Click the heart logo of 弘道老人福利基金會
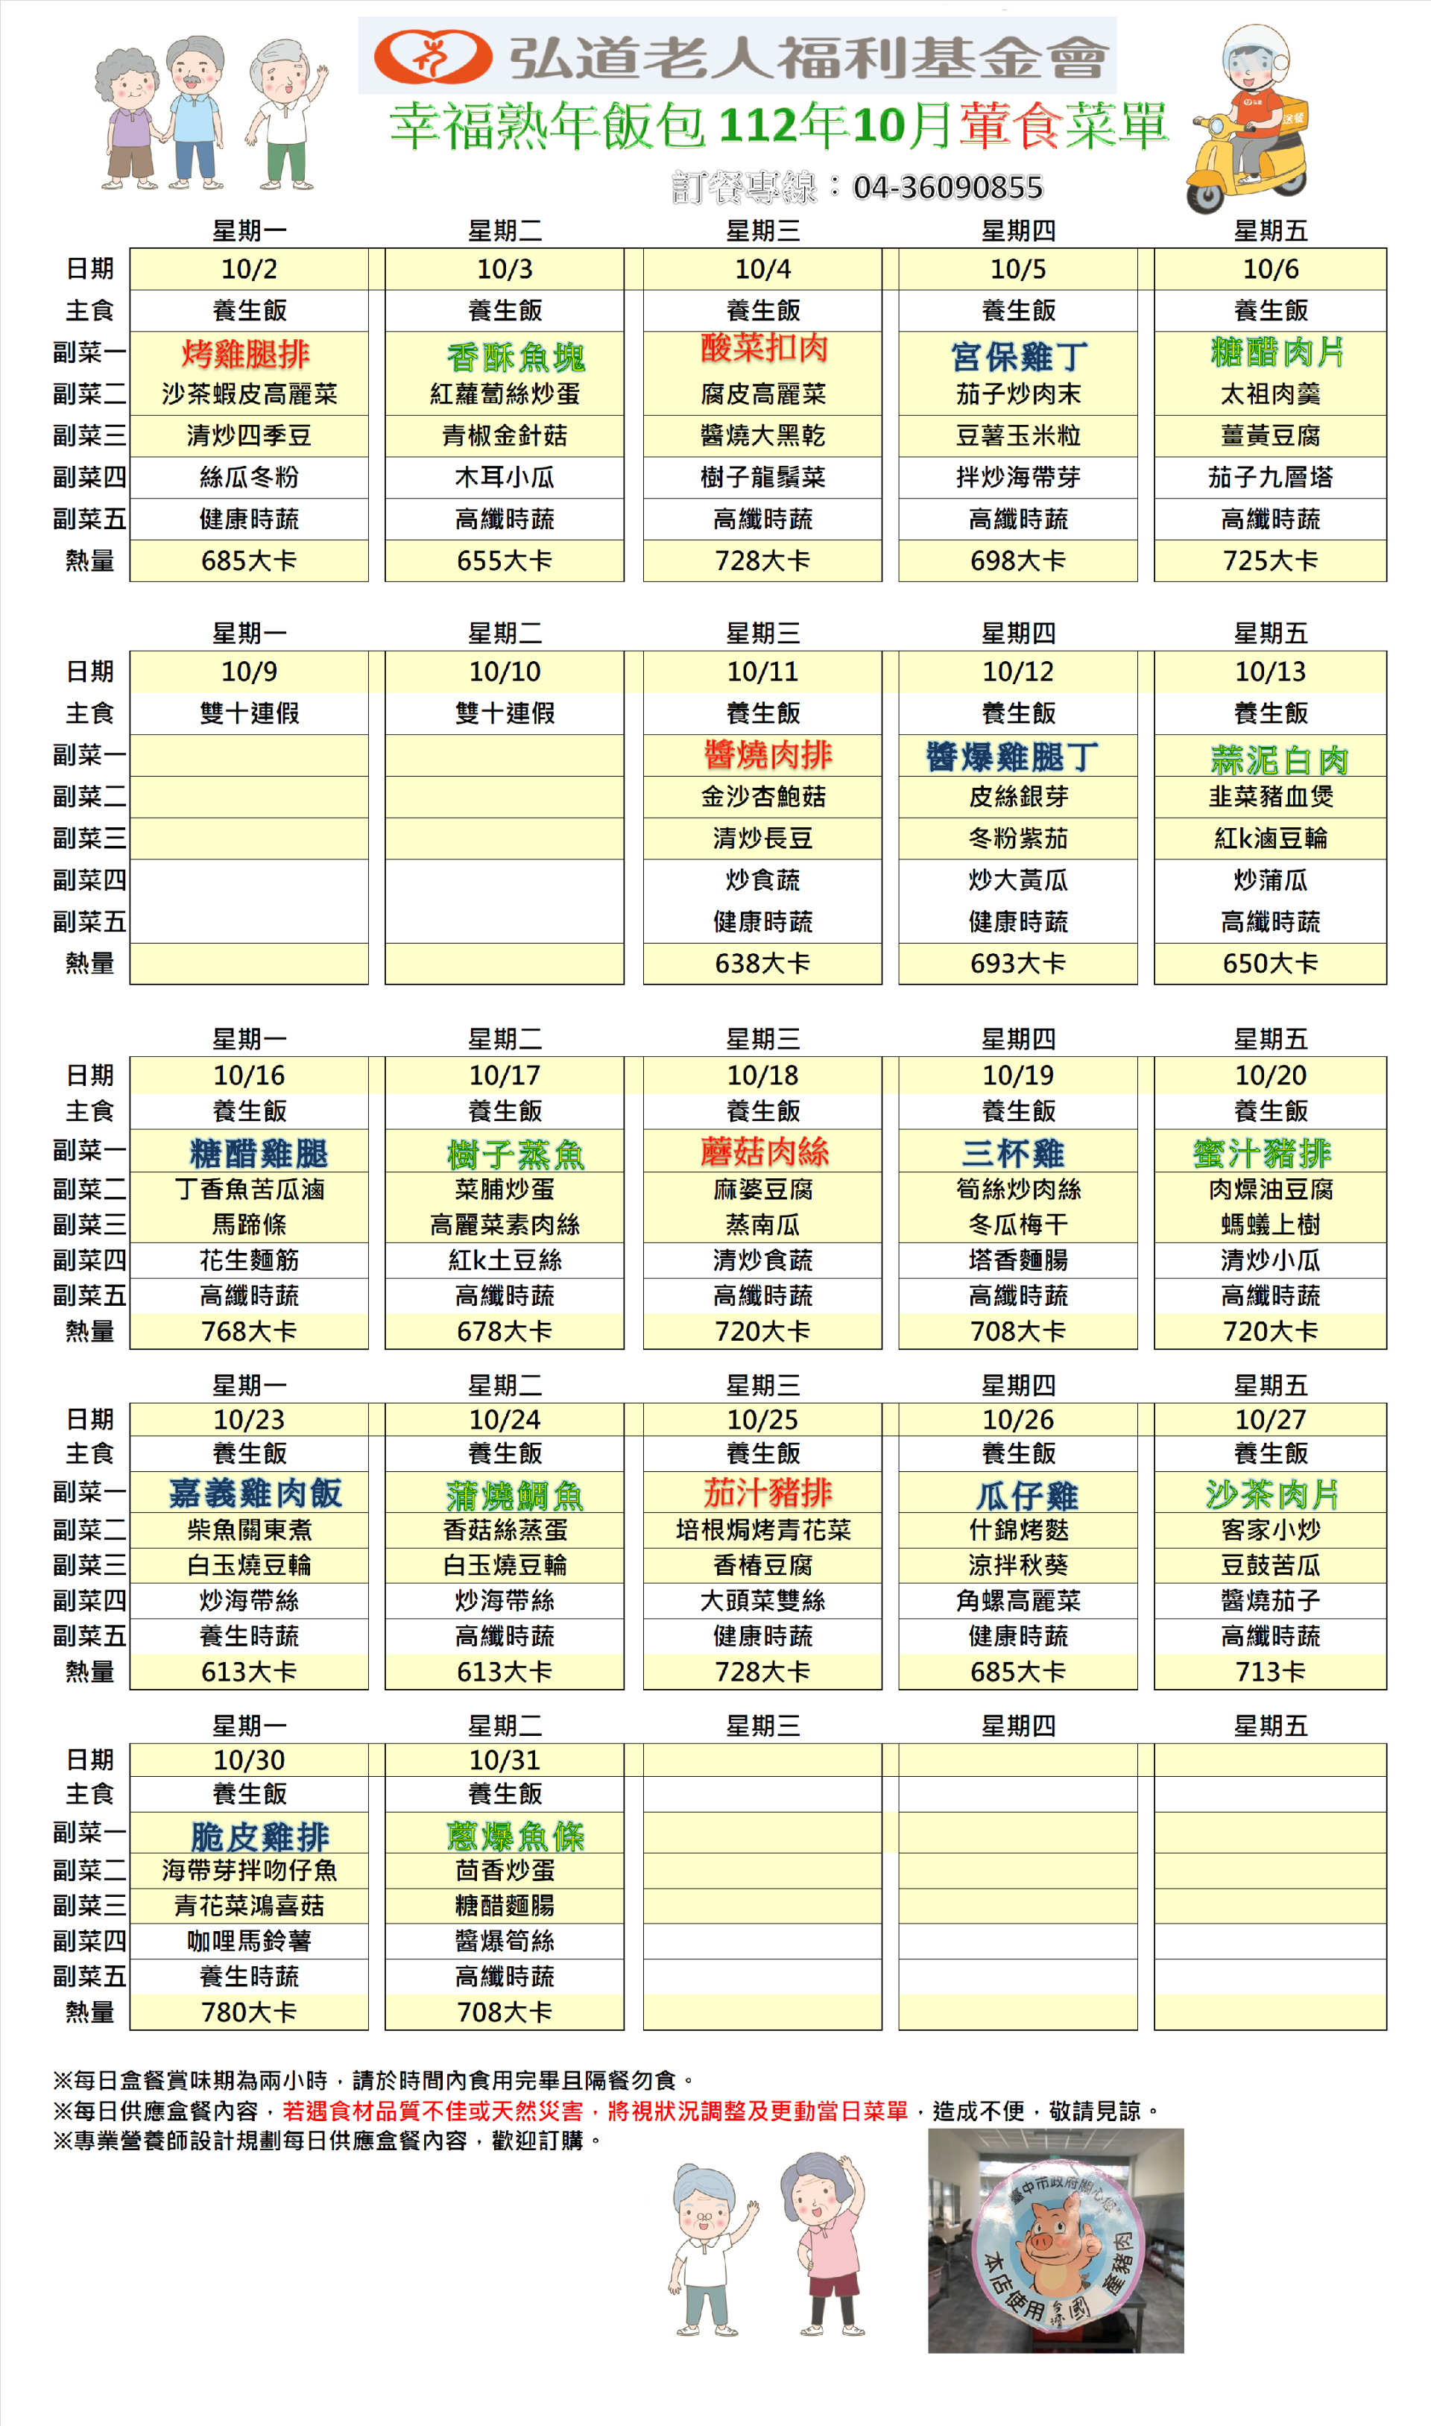point(433,57)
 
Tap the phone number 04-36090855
point(947,187)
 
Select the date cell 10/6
point(1270,269)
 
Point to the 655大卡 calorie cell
point(505,561)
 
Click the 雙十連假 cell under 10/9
point(249,713)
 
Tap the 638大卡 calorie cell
point(762,963)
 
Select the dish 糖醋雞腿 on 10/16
point(259,1153)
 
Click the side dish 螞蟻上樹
point(1270,1225)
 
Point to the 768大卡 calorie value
point(249,1332)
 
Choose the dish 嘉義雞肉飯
point(255,1494)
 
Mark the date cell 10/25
point(762,1419)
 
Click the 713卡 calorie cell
point(1270,1672)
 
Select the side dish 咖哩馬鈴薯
point(249,1941)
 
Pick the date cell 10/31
point(505,1760)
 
